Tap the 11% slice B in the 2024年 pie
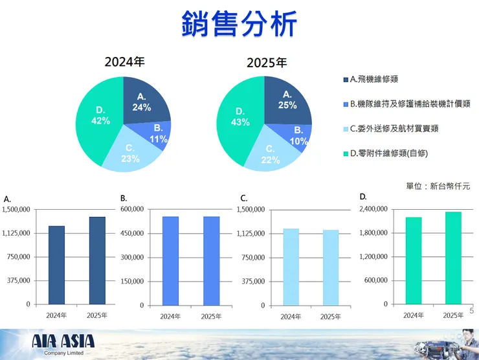pos(157,134)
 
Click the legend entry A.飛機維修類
pos(373,79)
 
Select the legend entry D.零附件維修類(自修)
pos(388,153)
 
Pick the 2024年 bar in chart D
pos(414,260)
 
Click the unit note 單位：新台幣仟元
pos(438,186)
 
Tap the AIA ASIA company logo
pos(63,343)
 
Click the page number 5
pos(471,311)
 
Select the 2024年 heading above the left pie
pos(125,62)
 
